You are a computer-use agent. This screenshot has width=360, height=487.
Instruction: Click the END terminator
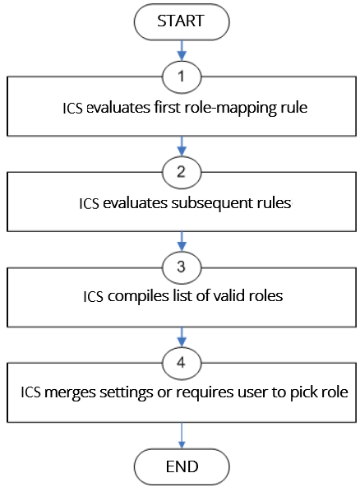[180, 466]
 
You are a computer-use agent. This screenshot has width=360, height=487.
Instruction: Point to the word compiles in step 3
[132, 297]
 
